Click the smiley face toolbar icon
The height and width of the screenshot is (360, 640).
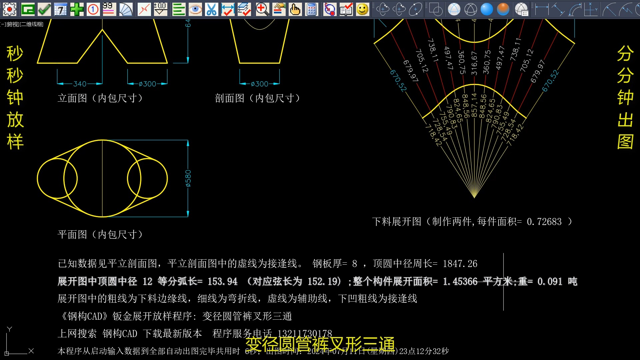pos(362,9)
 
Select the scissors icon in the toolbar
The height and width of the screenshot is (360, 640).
pos(211,9)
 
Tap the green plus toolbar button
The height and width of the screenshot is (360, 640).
pos(77,9)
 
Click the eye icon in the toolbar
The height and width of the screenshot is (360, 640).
pos(195,9)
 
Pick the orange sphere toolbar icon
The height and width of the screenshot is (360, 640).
pos(503,9)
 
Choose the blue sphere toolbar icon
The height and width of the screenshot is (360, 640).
pos(487,9)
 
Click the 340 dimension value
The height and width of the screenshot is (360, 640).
pos(80,84)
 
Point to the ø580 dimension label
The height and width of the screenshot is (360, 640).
pos(188,178)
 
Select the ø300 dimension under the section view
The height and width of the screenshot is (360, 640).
pos(259,84)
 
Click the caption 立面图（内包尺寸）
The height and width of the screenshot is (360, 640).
pos(100,98)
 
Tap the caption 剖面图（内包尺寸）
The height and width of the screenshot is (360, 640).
pos(258,98)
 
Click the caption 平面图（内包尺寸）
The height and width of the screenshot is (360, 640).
pos(100,235)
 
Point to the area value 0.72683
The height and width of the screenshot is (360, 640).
pos(544,222)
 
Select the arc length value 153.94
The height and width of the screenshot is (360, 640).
pos(222,282)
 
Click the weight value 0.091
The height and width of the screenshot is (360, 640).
pos(550,282)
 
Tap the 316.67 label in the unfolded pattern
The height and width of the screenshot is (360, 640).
pos(474,63)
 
